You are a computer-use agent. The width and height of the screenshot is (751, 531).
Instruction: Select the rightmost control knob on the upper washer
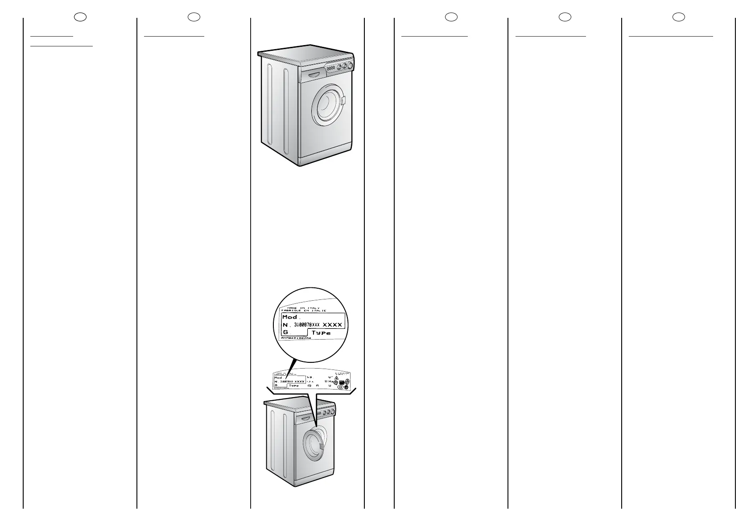coord(350,66)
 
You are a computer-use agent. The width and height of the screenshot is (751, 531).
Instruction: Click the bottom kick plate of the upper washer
coord(326,157)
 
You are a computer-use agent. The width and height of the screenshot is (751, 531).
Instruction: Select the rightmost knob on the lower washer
coord(332,412)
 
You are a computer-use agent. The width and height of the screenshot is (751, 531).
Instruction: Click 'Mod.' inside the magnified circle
coord(290,317)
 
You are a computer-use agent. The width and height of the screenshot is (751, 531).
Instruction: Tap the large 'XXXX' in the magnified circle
coord(332,325)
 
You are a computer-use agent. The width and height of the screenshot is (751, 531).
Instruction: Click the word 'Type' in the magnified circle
coord(321,333)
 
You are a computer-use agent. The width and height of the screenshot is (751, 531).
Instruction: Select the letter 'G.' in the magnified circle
coord(286,333)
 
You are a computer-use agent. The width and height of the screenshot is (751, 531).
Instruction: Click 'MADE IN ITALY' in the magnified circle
coord(303,308)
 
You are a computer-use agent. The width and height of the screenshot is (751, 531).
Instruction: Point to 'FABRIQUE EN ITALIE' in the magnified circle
coord(303,311)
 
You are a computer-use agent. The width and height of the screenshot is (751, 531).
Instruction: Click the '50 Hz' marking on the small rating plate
coord(329,382)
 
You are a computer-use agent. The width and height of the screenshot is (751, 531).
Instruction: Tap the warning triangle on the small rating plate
coord(336,378)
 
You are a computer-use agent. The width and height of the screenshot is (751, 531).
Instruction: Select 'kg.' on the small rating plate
coord(310,377)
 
